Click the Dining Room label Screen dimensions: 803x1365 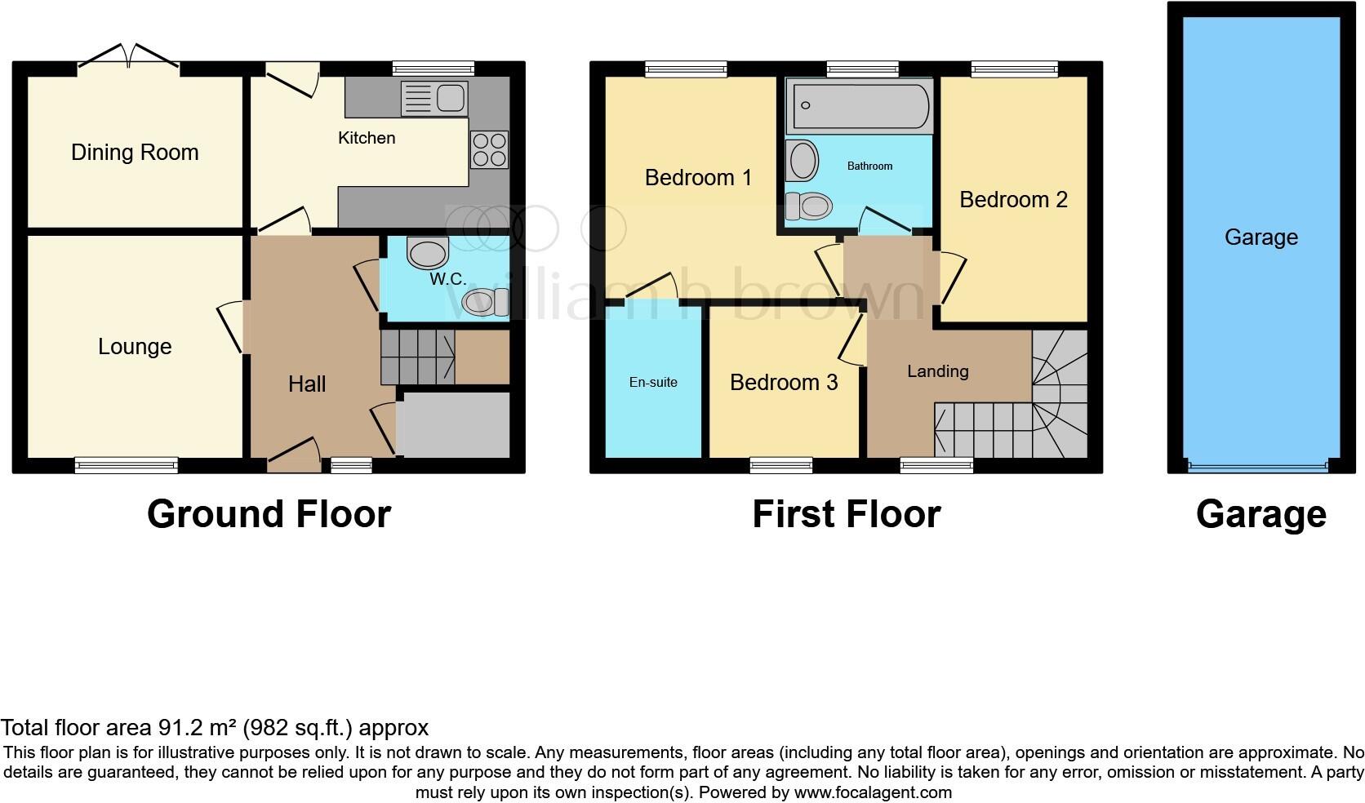135,153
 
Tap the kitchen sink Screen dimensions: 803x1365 434,99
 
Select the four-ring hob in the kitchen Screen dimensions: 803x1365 489,149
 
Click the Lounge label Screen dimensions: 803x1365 135,347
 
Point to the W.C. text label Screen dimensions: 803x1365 448,279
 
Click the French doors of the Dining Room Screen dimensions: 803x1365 129,57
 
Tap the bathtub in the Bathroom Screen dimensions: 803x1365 859,107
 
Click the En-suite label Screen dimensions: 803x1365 653,382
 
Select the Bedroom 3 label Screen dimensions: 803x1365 784,383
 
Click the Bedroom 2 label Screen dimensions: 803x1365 1013,200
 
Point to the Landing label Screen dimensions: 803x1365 938,371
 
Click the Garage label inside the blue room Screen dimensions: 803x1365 1261,237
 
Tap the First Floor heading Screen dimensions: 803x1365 846,514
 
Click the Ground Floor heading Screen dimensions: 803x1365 269,514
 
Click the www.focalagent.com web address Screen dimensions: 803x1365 873,792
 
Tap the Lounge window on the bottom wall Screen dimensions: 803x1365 127,465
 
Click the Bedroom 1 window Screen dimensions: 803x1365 686,69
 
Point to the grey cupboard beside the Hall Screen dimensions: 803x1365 453,425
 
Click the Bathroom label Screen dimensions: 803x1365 869,166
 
